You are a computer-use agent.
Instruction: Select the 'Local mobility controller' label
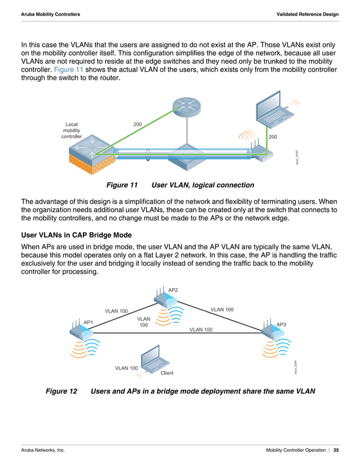[72, 130]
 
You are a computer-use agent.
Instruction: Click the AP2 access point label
[173, 289]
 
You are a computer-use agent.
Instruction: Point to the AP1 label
[88, 322]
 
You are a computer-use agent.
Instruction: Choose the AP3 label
[281, 324]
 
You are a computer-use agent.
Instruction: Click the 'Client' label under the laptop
[167, 373]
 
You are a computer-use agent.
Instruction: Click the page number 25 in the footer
[336, 450]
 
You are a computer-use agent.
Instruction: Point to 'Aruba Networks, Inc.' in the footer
[43, 450]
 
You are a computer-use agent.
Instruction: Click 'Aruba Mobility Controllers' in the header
[50, 13]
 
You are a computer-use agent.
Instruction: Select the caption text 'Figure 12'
[61, 391]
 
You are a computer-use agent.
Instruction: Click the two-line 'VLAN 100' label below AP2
[143, 322]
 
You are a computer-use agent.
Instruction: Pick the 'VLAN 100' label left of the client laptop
[126, 368]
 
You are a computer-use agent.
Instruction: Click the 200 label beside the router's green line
[137, 123]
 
